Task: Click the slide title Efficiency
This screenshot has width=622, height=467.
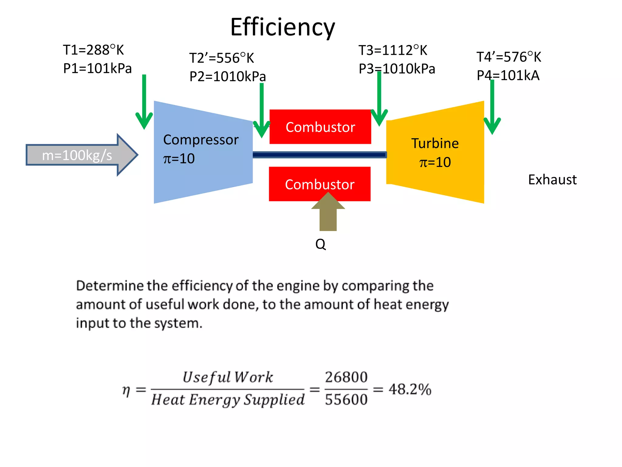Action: [282, 27]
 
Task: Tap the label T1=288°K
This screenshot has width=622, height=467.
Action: [93, 50]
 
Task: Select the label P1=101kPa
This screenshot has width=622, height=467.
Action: [97, 68]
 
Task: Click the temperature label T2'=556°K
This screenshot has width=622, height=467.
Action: [221, 58]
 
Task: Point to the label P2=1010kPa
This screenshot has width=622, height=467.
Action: [227, 76]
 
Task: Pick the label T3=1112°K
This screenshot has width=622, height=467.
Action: [393, 50]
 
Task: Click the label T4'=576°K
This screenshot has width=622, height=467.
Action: [509, 57]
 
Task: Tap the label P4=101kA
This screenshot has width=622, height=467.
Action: [508, 75]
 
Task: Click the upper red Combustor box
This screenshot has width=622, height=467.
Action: [320, 127]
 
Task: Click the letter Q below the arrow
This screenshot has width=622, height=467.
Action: [321, 244]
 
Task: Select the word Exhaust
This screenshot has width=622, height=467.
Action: [552, 180]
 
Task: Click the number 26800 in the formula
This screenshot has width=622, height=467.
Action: [346, 377]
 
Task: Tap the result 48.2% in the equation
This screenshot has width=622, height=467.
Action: [410, 389]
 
